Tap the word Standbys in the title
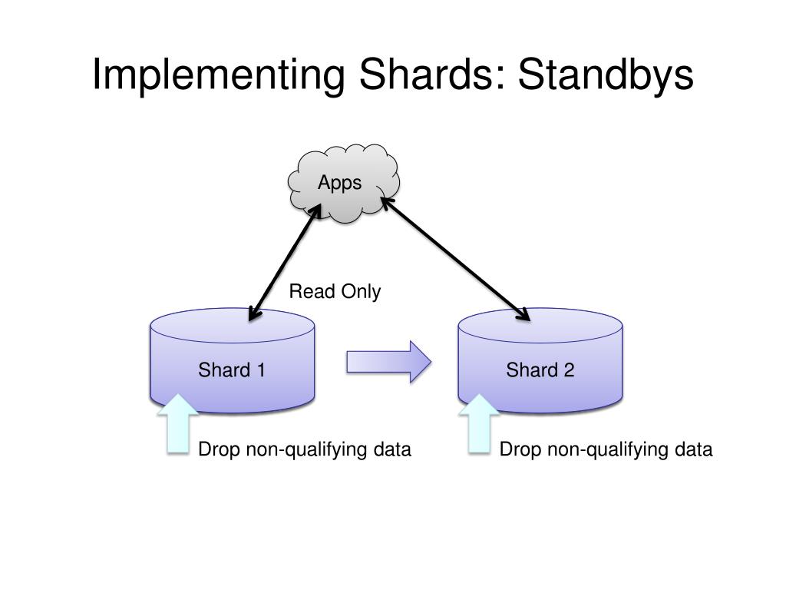[606, 75]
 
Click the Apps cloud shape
[342, 183]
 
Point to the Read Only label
[335, 292]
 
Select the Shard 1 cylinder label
[232, 370]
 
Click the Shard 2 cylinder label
[540, 370]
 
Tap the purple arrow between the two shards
[388, 361]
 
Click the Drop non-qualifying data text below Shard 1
[305, 449]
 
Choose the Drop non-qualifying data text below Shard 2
[606, 449]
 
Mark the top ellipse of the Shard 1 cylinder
[232, 326]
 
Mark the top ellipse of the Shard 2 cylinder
[540, 326]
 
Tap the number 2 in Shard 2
[569, 370]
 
